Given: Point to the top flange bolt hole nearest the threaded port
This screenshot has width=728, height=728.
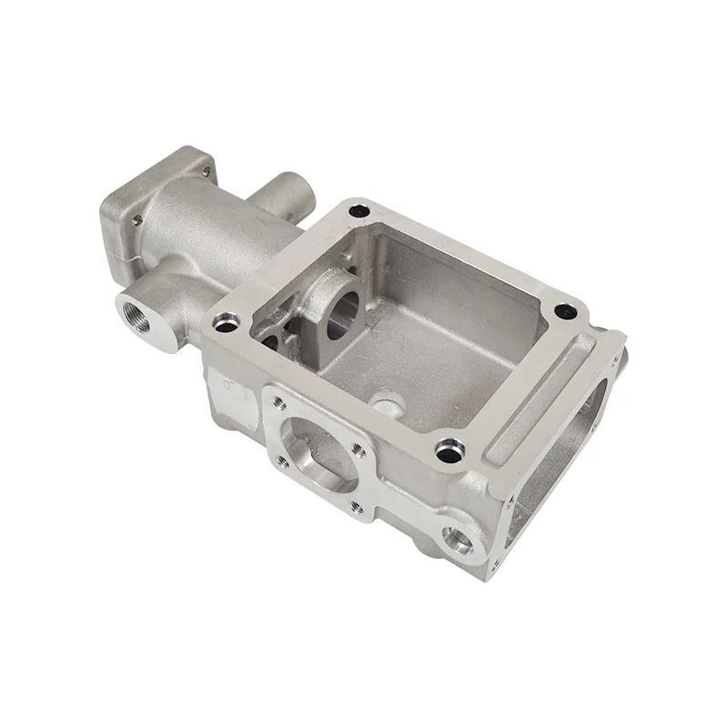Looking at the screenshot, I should pyautogui.click(x=226, y=319).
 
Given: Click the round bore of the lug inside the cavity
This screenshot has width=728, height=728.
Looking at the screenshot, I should pyautogui.click(x=342, y=313).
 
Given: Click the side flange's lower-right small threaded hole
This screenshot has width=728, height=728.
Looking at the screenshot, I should pyautogui.click(x=357, y=508).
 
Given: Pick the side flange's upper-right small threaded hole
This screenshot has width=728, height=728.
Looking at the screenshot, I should pyautogui.click(x=363, y=446).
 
